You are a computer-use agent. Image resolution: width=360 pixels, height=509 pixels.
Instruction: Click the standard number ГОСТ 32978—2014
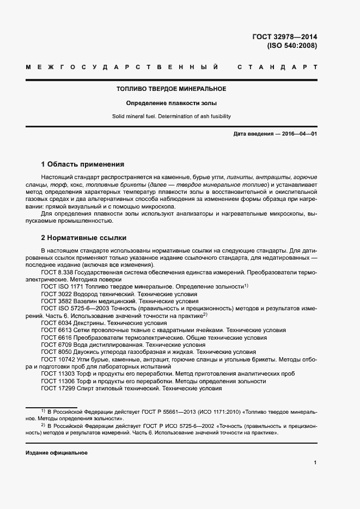pyautogui.click(x=284, y=37)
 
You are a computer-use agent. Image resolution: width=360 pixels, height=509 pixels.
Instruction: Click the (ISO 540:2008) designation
pyautogui.click(x=291, y=46)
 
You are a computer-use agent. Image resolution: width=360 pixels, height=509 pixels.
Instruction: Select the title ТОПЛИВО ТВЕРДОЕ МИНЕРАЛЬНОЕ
pyautogui.click(x=172, y=89)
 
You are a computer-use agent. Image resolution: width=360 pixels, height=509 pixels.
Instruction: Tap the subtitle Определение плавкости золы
pyautogui.click(x=172, y=102)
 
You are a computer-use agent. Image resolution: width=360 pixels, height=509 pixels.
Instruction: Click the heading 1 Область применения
pyautogui.click(x=83, y=164)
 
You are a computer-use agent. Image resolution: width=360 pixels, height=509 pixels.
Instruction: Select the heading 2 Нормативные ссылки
pyautogui.click(x=83, y=238)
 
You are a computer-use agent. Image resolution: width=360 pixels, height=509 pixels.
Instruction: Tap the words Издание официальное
pyautogui.click(x=57, y=452)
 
